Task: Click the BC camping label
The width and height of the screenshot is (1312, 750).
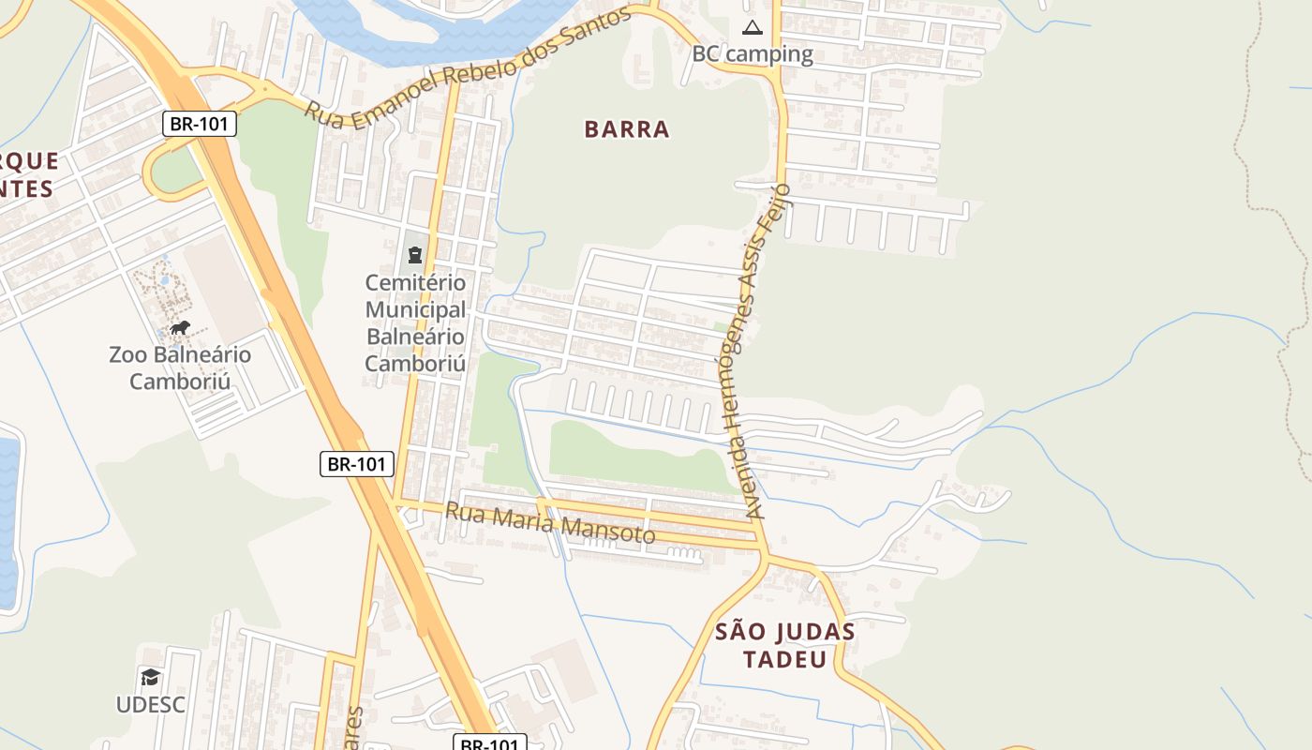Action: pos(752,53)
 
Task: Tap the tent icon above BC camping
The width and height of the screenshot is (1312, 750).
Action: pos(752,27)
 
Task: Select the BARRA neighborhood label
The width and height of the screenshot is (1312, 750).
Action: pos(627,129)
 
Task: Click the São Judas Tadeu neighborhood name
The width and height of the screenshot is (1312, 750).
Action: pos(785,645)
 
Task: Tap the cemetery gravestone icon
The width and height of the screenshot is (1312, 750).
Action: pos(414,254)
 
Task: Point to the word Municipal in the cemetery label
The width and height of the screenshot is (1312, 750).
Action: pos(415,309)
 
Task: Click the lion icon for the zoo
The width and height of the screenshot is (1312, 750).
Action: pos(180,327)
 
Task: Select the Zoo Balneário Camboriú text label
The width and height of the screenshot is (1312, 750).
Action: pos(180,367)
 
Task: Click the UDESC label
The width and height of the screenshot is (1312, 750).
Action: pos(151,704)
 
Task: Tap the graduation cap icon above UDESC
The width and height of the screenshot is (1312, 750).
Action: pos(151,677)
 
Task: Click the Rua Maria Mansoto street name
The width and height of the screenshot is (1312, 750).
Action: pos(550,523)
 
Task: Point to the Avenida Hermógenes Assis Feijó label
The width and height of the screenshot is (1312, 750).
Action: pos(756,352)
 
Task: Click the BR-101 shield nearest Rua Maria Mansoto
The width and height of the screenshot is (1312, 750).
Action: pos(357,463)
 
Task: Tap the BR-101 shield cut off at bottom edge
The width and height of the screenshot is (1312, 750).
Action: pos(490,742)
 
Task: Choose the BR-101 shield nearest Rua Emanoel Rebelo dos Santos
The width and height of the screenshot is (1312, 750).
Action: pos(200,124)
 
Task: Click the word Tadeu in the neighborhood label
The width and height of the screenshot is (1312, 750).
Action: pos(785,659)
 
